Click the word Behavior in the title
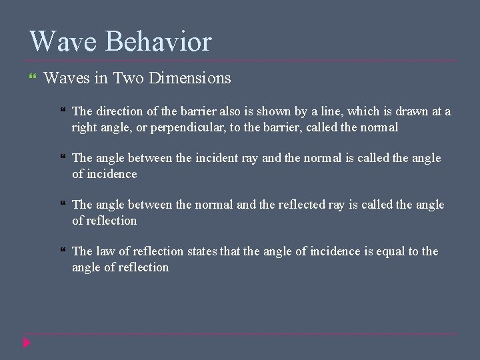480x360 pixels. [x=159, y=41]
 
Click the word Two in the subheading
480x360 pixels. [x=129, y=79]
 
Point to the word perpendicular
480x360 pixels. [x=188, y=127]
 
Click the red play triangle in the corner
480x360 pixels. [x=27, y=343]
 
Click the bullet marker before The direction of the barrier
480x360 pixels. [x=63, y=111]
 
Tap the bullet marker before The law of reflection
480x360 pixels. [x=63, y=251]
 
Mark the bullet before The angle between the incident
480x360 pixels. [x=63, y=158]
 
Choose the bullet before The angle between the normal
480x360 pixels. [x=63, y=205]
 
